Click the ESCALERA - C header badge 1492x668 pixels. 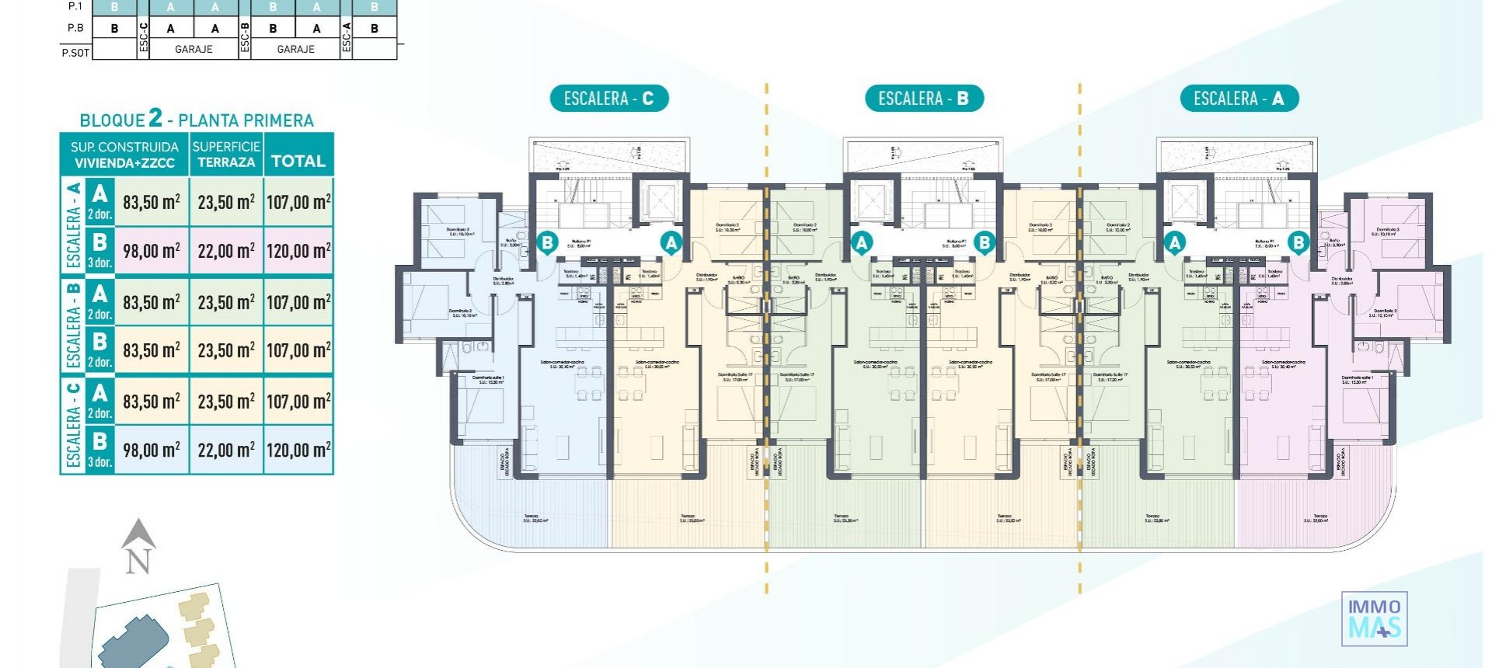608,99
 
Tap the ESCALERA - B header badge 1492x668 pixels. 924,99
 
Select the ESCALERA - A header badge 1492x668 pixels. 1239,99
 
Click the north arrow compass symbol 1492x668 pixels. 138,546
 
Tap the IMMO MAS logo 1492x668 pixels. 1374,618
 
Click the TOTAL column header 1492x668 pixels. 298,161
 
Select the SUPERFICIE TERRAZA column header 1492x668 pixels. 226,154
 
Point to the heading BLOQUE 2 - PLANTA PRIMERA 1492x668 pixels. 197,120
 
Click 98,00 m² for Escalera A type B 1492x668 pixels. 152,251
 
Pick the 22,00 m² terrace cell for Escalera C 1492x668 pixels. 226,450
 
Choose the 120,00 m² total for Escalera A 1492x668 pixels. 298,251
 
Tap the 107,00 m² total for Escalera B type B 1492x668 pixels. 298,350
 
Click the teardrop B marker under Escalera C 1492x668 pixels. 547,243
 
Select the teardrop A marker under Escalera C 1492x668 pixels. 671,243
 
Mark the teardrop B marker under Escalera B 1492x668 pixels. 985,243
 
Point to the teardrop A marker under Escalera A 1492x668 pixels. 1175,243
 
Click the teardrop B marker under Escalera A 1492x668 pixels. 1298,243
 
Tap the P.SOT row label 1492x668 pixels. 75,53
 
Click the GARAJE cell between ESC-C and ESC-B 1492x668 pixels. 193,49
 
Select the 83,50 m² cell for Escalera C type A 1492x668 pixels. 152,402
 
